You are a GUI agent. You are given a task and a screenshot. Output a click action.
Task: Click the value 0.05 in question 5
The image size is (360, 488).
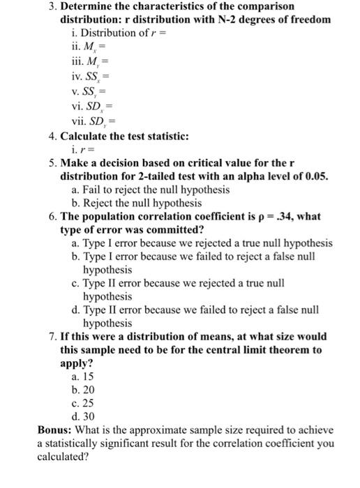(314, 176)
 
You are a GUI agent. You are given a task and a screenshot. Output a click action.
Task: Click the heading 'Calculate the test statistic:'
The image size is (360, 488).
(130, 135)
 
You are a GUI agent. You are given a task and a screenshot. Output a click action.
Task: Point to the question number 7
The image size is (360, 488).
(52, 337)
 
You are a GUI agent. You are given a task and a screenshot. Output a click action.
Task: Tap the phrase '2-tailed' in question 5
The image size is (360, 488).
(173, 176)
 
